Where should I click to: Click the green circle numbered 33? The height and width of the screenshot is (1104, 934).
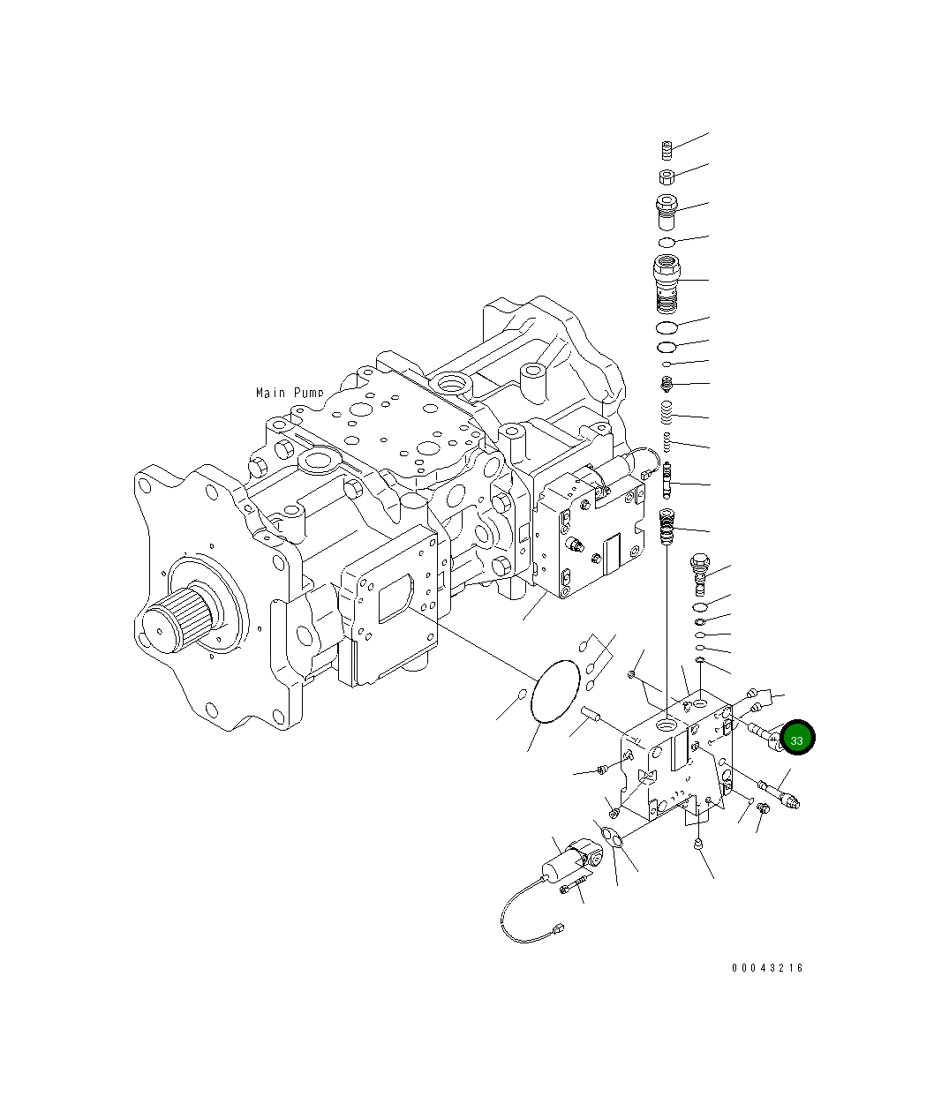[796, 740]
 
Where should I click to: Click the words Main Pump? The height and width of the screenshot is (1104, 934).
[290, 392]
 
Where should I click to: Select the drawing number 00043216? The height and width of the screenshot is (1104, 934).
[767, 968]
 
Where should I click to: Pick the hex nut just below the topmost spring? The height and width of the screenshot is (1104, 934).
[668, 176]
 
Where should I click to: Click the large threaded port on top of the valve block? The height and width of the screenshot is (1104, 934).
[667, 726]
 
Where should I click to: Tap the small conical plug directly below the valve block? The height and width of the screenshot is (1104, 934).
[698, 845]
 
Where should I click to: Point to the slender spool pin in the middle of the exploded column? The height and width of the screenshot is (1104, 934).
[668, 481]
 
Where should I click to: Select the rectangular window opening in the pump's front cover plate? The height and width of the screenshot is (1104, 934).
[395, 600]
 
